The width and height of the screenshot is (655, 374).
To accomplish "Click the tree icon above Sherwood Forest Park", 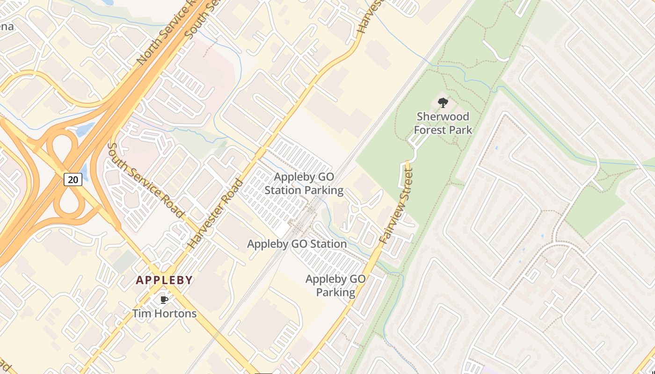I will pos(443,102).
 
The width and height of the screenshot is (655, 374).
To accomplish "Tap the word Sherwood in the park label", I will pos(443,116).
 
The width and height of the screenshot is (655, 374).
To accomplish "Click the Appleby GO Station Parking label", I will pos(304,184).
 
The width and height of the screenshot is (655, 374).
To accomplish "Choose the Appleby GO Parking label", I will pos(335,286).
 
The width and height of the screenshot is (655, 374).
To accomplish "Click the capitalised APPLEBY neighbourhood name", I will pos(164,280).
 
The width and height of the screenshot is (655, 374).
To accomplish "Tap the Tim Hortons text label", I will pos(164,313).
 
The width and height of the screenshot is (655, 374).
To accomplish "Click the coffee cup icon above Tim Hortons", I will pos(164,300).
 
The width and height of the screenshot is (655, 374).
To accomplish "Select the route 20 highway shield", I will pos(73,179).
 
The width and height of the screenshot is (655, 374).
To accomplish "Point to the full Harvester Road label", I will pos(216,214).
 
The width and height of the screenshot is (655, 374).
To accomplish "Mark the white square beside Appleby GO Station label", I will pos(282,230).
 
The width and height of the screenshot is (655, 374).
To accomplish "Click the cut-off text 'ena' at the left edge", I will pos(7,26).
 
